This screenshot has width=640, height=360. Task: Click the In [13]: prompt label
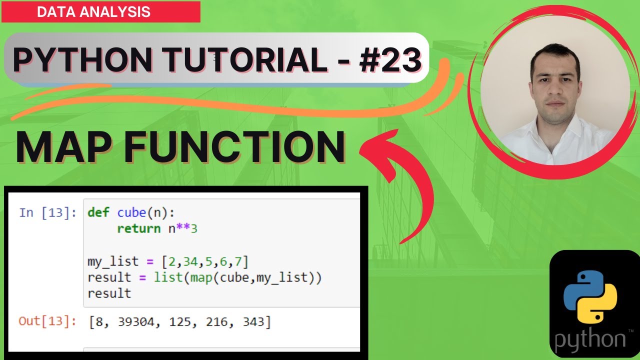point(47,212)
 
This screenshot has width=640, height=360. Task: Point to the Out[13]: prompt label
point(47,321)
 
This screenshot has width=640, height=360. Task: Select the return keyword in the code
point(138,228)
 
